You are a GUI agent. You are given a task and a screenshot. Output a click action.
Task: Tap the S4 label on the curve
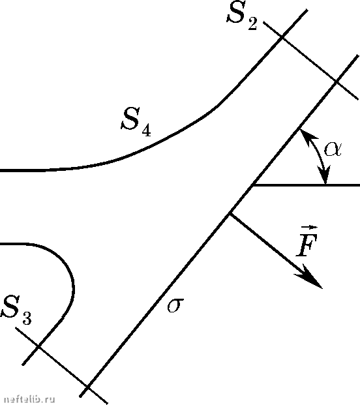(136, 121)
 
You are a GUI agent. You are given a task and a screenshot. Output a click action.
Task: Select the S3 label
(16, 310)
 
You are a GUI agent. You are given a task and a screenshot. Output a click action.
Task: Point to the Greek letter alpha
(333, 149)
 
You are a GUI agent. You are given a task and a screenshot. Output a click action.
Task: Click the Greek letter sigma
(175, 305)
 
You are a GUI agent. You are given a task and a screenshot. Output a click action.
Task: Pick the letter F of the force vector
(307, 244)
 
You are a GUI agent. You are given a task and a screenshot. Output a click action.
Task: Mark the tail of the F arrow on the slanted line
(230, 213)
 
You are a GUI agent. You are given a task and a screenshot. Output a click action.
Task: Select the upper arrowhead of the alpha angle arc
(306, 136)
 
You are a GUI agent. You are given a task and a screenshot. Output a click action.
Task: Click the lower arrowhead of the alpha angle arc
(325, 175)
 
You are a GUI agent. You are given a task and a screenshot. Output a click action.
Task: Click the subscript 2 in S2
(252, 25)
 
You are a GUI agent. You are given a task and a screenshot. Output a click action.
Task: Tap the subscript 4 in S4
(146, 130)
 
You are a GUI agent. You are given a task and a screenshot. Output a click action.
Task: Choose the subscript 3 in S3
(27, 318)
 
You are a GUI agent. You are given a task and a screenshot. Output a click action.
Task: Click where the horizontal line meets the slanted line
(253, 185)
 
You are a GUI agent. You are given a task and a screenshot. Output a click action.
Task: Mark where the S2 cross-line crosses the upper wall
(282, 38)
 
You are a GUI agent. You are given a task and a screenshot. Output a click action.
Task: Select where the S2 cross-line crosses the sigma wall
(337, 82)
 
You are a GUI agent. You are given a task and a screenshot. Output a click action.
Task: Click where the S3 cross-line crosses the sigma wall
(88, 387)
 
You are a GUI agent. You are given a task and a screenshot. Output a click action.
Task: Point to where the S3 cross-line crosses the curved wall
(38, 346)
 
